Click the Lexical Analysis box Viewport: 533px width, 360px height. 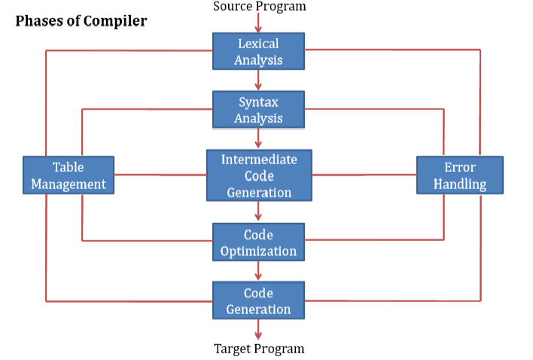(258, 51)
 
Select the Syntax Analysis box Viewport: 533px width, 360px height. (258, 110)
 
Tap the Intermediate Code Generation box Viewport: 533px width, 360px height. (259, 175)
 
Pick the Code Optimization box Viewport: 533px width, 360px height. (258, 243)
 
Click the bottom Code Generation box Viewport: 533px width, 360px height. (258, 301)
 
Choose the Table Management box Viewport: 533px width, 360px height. (69, 175)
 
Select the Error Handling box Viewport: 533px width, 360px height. (460, 175)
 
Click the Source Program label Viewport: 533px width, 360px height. (260, 7)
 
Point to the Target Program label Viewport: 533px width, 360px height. (259, 348)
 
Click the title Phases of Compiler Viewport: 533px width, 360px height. (81, 21)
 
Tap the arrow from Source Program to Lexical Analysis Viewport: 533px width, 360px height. (258, 23)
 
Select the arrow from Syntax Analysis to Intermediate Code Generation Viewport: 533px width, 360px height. (258, 139)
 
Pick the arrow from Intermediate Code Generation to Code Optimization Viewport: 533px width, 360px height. (258, 212)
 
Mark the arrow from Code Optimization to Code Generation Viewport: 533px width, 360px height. (258, 270)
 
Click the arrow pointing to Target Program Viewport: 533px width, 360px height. (258, 329)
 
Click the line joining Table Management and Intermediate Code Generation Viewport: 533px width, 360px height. (160, 175)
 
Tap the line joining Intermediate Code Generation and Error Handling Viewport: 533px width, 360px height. (364, 175)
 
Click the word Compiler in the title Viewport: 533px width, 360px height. (117, 21)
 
